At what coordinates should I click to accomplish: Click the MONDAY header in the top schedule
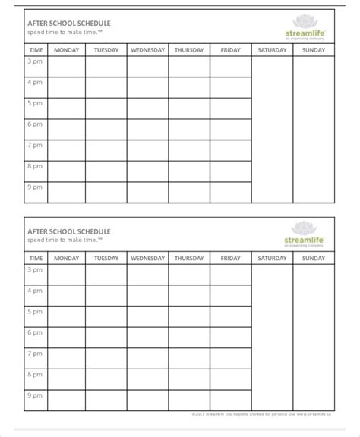click(x=66, y=50)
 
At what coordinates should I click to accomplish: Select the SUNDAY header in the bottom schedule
click(x=313, y=259)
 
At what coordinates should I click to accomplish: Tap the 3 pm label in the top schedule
click(x=35, y=61)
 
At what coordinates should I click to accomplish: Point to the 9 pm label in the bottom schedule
click(x=35, y=395)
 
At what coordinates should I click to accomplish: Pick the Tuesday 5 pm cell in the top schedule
click(x=106, y=108)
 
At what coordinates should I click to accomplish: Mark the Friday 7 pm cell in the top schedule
click(x=230, y=151)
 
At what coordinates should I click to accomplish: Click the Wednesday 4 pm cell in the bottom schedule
click(x=147, y=296)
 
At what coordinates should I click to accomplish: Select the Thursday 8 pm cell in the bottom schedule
click(x=188, y=380)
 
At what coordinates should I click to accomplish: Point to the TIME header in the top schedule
click(x=36, y=50)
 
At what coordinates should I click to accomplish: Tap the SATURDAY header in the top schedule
click(x=272, y=50)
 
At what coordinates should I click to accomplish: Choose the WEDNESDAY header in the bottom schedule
click(x=147, y=259)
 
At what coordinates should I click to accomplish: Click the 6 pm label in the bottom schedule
click(x=35, y=332)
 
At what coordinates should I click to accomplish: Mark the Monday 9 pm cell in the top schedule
click(x=66, y=193)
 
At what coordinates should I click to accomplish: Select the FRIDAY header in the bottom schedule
click(x=230, y=259)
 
